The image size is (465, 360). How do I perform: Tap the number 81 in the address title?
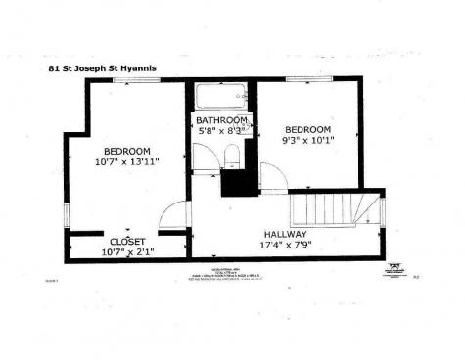pos(55,68)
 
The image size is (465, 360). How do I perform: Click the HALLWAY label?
pos(286,235)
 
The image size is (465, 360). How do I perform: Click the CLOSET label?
pos(127,241)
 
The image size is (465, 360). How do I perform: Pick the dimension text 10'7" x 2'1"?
pos(127,252)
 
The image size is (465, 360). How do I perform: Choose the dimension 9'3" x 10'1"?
pos(308,141)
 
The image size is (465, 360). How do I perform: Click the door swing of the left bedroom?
pos(172,216)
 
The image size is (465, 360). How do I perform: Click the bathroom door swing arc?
pos(205,159)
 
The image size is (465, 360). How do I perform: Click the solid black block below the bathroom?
pos(238,182)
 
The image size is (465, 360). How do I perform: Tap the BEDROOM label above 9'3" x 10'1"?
pos(308,129)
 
